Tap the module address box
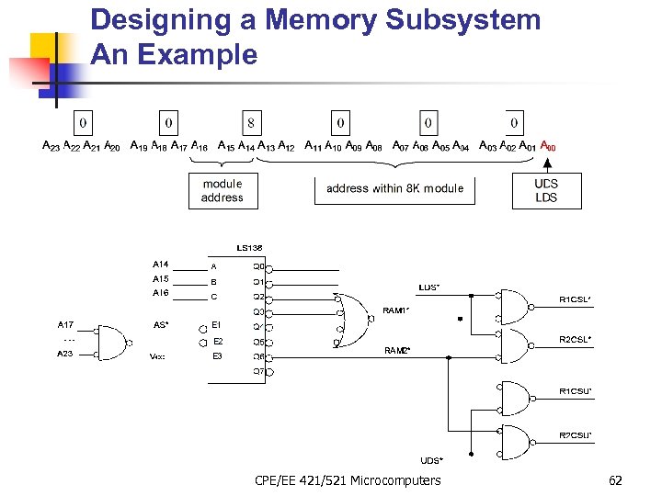pyautogui.click(x=222, y=190)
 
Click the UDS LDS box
pyautogui.click(x=546, y=190)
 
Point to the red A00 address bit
pyautogui.click(x=547, y=146)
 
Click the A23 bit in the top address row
pyautogui.click(x=51, y=146)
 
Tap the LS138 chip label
pyautogui.click(x=249, y=248)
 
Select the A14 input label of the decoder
pyautogui.click(x=161, y=265)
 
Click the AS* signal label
pyautogui.click(x=161, y=324)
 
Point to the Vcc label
pyautogui.click(x=158, y=356)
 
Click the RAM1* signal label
pyautogui.click(x=395, y=311)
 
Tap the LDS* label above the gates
pyautogui.click(x=428, y=287)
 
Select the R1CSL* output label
pyautogui.click(x=575, y=299)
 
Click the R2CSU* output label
pyautogui.click(x=575, y=434)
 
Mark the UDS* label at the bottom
pyautogui.click(x=431, y=460)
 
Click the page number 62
pyautogui.click(x=615, y=480)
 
